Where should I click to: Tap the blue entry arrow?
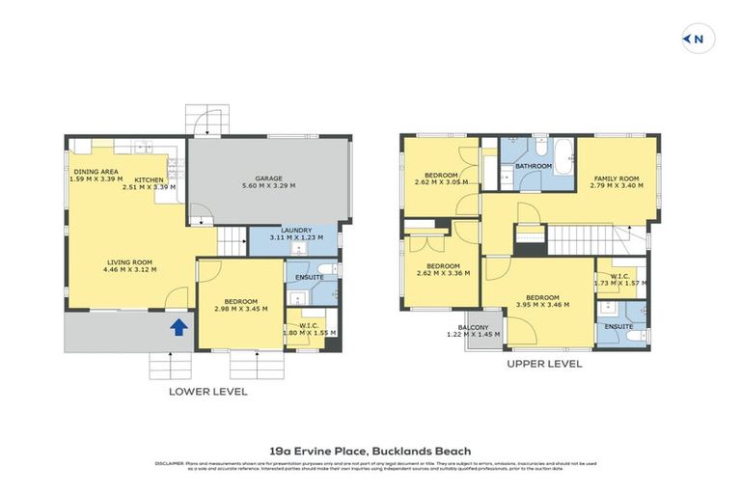point(178,328)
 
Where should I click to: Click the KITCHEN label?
point(150,180)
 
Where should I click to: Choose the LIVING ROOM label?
point(129,261)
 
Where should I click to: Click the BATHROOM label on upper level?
point(533,166)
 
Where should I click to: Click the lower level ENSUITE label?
point(310,277)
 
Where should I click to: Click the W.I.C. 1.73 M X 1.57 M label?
point(618,278)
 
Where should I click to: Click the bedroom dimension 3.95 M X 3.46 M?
point(541,304)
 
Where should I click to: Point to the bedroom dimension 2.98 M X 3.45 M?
point(240,309)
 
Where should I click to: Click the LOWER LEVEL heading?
point(208,392)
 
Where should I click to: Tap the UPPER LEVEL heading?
point(544,365)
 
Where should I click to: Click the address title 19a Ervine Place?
point(370,451)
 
